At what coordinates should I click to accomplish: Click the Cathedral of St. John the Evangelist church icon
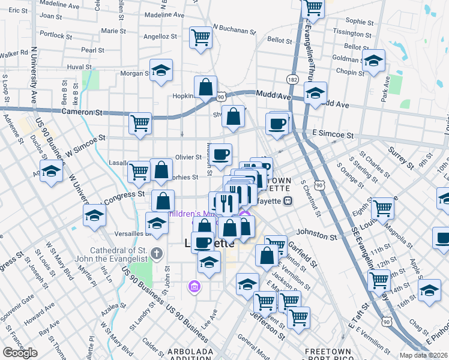point(157,252)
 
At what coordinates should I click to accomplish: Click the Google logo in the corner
point(20,353)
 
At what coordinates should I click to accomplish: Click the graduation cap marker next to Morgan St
point(161,71)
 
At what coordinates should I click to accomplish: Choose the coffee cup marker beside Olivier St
point(220,154)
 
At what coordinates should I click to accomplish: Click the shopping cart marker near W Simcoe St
point(140,124)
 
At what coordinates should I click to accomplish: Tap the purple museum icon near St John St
point(194,286)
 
